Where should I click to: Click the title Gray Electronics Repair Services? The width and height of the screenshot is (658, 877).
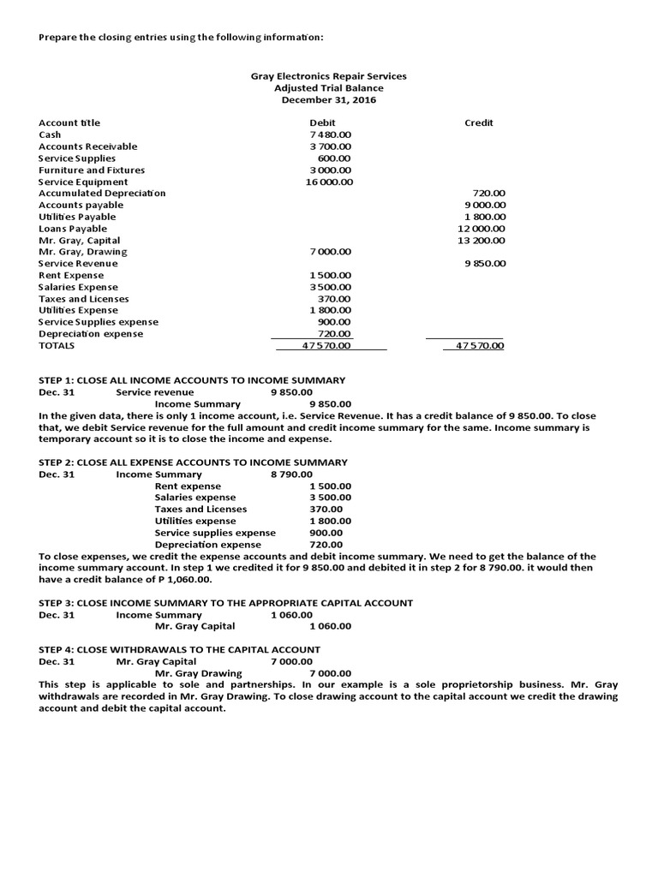click(x=328, y=76)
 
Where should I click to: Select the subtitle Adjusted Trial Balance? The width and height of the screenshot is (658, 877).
click(x=328, y=88)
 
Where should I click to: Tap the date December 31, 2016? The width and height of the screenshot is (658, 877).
click(x=328, y=100)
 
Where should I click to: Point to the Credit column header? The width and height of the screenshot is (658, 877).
click(x=479, y=123)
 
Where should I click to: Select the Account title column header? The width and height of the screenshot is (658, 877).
click(x=69, y=123)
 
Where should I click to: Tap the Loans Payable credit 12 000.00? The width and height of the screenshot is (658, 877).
click(x=482, y=229)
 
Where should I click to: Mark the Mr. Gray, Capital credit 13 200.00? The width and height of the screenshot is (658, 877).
click(x=482, y=241)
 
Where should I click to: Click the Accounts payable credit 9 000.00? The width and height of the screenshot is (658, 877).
click(x=485, y=206)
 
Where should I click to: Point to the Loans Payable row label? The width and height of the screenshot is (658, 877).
click(x=73, y=229)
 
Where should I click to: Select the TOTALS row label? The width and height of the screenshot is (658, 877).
click(x=57, y=346)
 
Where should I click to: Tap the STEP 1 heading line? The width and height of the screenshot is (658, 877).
click(x=192, y=380)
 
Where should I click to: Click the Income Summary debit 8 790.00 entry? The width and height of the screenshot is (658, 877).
click(x=291, y=474)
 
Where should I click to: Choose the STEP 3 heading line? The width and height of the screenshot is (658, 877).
click(x=226, y=603)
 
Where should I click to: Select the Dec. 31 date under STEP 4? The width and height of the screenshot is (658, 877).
click(x=57, y=662)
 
